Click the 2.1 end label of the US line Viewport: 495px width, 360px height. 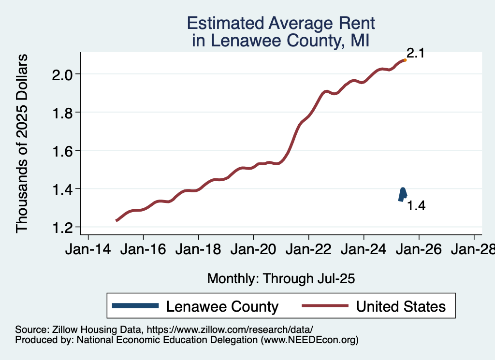pyautogui.click(x=415, y=53)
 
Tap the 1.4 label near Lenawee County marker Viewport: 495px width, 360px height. pyautogui.click(x=416, y=206)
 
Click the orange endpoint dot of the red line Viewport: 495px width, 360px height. pyautogui.click(x=405, y=60)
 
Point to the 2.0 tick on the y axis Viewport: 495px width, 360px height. pyautogui.click(x=62, y=74)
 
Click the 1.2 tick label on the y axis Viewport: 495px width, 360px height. pyautogui.click(x=62, y=227)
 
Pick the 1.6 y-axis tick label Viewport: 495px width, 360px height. pyautogui.click(x=62, y=151)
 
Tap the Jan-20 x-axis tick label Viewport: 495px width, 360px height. pyautogui.click(x=253, y=250)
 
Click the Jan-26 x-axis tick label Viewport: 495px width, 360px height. pyautogui.click(x=419, y=250)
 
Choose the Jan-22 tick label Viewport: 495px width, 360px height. pyautogui.click(x=308, y=250)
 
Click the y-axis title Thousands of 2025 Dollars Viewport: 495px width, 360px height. pyautogui.click(x=22, y=143)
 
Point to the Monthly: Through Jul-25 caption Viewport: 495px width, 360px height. pyautogui.click(x=281, y=279)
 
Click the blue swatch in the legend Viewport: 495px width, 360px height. pyautogui.click(x=135, y=305)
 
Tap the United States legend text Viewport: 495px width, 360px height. pyautogui.click(x=401, y=306)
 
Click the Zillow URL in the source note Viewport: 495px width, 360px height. pyautogui.click(x=230, y=330)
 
